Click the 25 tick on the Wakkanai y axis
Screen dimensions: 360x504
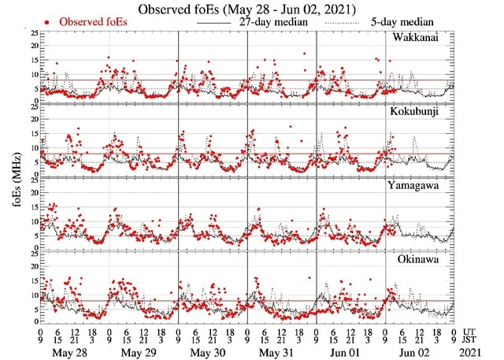click(33, 34)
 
